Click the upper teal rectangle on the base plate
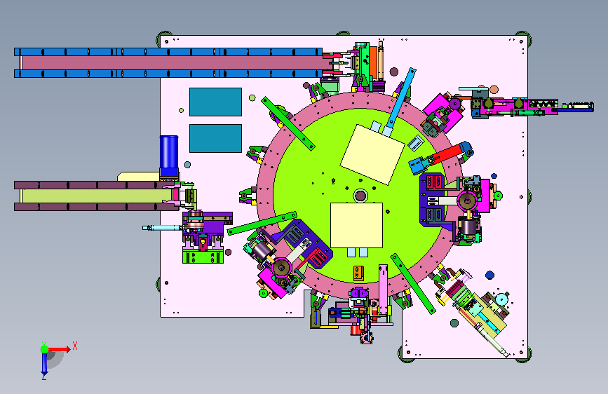(215, 102)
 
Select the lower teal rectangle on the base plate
(215, 138)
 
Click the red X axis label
(75, 346)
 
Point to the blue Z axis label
(44, 376)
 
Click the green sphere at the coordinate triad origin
(45, 349)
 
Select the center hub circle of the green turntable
(360, 196)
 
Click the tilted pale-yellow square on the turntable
(372, 155)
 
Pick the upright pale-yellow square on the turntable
(356, 225)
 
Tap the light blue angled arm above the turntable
(400, 102)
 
